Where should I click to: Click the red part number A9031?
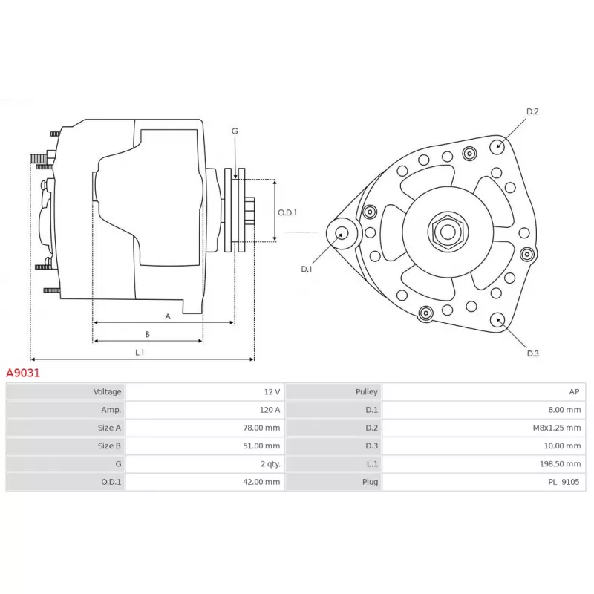[x=23, y=373]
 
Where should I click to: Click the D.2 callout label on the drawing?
[x=532, y=111]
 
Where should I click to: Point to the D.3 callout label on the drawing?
[x=532, y=353]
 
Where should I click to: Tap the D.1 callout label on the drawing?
[x=307, y=269]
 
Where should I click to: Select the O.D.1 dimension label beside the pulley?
[x=287, y=212]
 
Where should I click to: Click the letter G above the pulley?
[x=235, y=131]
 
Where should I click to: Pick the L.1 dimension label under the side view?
[x=140, y=352]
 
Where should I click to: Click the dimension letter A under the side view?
[x=168, y=316]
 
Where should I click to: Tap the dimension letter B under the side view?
[x=147, y=335]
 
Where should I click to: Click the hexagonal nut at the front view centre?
[x=448, y=232]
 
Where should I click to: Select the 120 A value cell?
[x=205, y=410]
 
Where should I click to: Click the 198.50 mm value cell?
[x=484, y=463]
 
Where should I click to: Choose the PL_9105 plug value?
[x=564, y=482]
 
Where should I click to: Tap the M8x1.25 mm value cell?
[x=484, y=428]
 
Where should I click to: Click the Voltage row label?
[x=107, y=392]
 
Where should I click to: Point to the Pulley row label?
[x=366, y=392]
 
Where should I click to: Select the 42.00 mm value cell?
[x=205, y=482]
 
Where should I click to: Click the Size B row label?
[x=109, y=446]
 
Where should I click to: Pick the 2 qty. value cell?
[x=205, y=463]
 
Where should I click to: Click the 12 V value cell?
[x=205, y=392]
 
